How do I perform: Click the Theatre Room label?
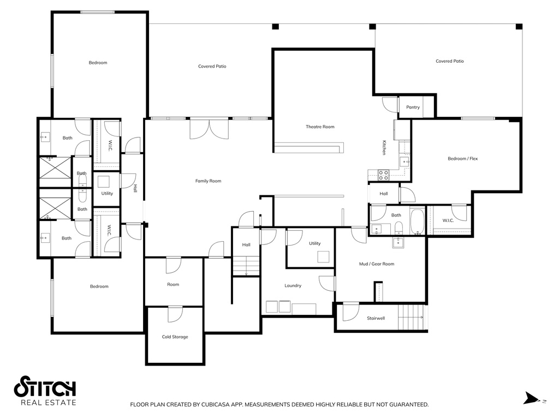(320, 127)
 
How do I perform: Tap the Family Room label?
(208, 181)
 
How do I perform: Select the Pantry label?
(413, 107)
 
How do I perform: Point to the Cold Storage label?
(175, 337)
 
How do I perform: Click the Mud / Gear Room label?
(377, 264)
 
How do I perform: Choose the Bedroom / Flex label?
(463, 159)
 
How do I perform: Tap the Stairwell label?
(376, 318)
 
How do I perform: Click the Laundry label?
(293, 286)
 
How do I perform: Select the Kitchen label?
(384, 147)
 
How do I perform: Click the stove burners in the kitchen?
(384, 175)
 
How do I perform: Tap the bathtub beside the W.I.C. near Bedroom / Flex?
(417, 222)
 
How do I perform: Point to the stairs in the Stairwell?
(411, 318)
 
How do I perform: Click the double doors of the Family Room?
(209, 129)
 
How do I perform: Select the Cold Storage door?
(175, 314)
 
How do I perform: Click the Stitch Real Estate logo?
(45, 391)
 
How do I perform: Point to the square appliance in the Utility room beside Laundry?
(323, 257)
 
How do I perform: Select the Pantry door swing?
(390, 105)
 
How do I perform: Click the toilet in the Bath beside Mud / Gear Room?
(399, 228)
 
